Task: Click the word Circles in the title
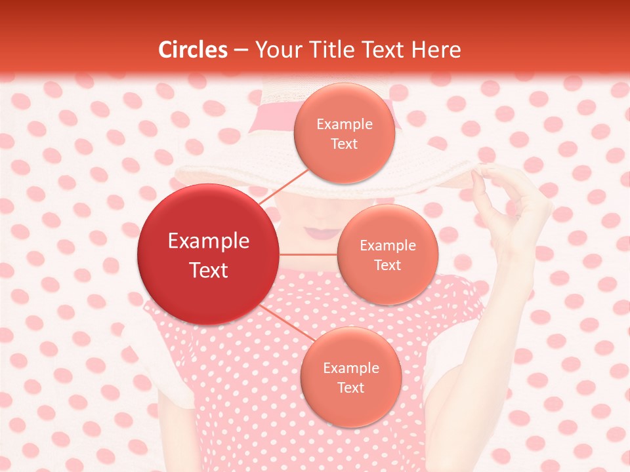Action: point(193,50)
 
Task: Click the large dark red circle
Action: point(208,254)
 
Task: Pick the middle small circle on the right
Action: point(387,254)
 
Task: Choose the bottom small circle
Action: point(350,377)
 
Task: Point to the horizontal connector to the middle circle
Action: point(308,254)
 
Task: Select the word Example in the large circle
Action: point(208,241)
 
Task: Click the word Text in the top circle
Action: point(344,144)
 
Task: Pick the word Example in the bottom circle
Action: point(350,368)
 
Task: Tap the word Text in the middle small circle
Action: point(387,265)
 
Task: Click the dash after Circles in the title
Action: point(241,50)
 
